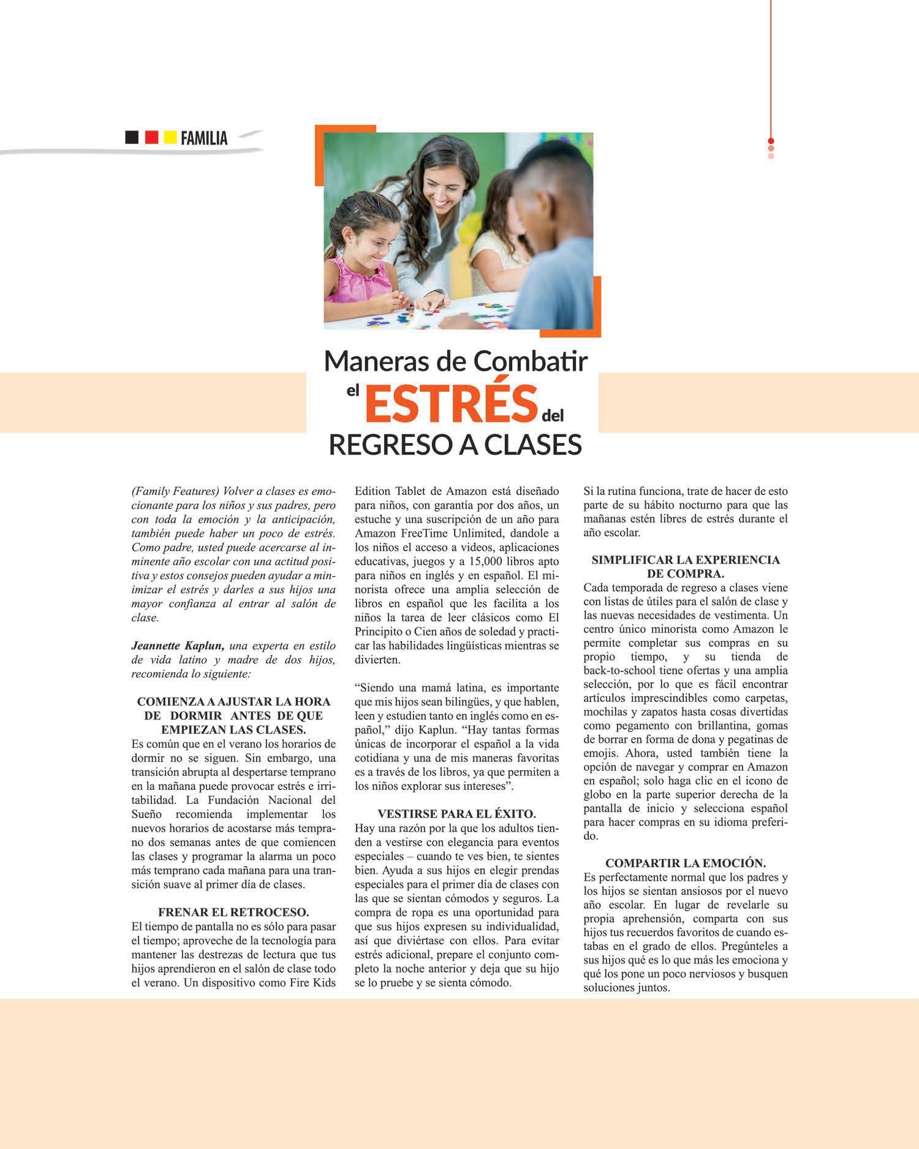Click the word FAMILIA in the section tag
click(204, 138)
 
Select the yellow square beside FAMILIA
click(170, 137)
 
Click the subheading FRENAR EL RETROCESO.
click(233, 912)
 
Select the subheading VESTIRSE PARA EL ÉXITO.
click(456, 814)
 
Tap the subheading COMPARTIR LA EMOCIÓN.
click(686, 863)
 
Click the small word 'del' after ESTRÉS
click(552, 415)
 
